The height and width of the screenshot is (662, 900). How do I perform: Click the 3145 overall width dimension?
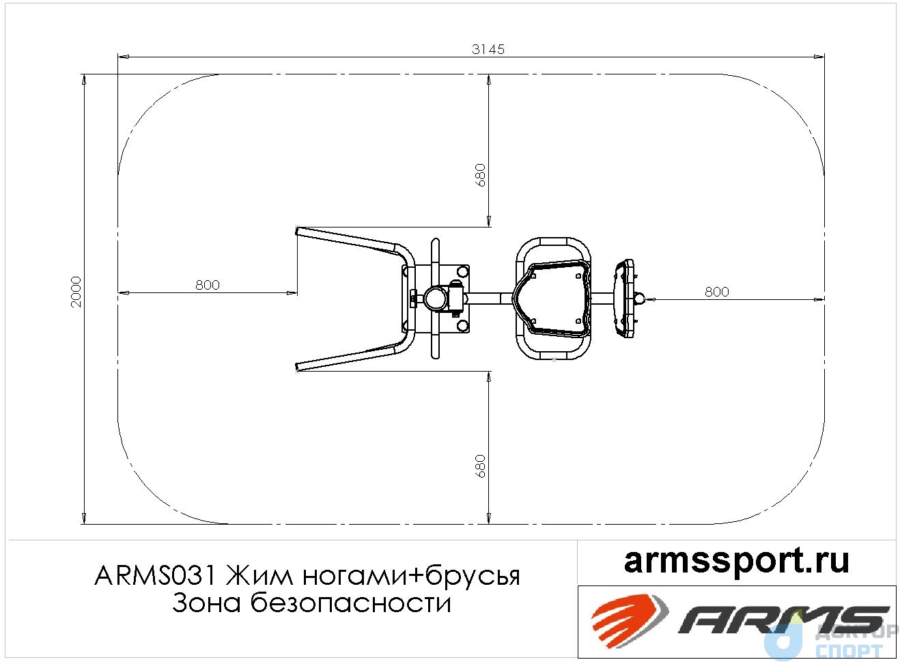coord(488,49)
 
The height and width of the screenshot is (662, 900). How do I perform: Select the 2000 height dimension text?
coord(76,292)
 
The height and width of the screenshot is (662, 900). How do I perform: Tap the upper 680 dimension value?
coord(480,176)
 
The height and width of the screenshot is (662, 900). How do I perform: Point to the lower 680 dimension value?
coord(480,466)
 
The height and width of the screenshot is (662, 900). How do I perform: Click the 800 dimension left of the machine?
coord(208,285)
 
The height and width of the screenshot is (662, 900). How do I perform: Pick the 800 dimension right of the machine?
coord(717,292)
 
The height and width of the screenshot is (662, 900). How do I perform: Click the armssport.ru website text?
coord(737,562)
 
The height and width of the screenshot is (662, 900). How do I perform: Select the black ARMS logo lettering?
coord(783,620)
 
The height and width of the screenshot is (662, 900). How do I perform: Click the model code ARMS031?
coord(156,577)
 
